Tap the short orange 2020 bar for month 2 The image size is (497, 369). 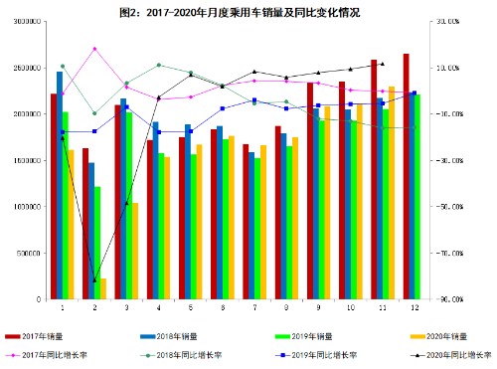(103, 288)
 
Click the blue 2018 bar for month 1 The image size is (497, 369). (60, 185)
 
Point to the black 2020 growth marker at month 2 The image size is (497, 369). (94, 280)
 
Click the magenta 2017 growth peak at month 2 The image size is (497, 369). (94, 49)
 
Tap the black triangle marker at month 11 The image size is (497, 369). (382, 64)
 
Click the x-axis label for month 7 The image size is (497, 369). (254, 308)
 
